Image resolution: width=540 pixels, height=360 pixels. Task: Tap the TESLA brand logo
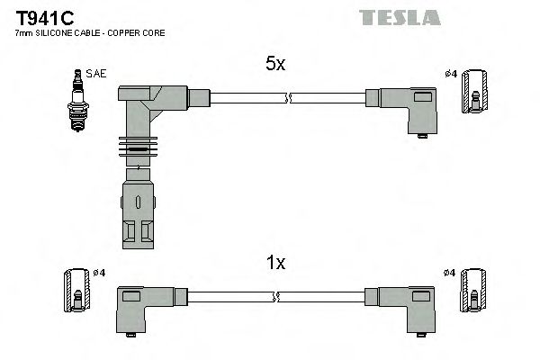coord(400,17)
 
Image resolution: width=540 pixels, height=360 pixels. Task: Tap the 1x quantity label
coord(274,263)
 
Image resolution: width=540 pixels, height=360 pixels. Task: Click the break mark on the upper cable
coord(287,97)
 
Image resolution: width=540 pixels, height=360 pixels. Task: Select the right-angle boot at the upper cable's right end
coord(409,109)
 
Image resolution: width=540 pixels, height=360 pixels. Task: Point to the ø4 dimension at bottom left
coord(98,272)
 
